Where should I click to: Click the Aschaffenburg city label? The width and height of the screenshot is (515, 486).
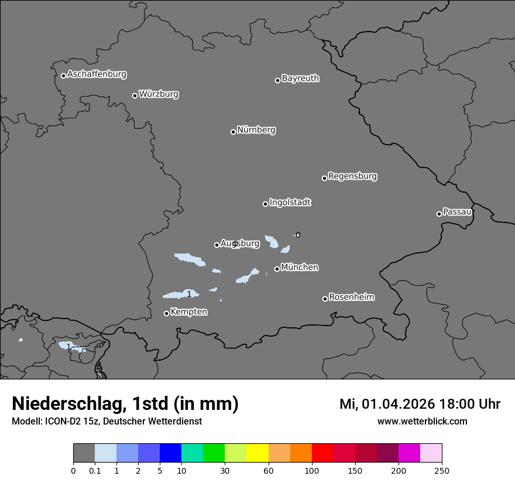pyautogui.click(x=97, y=74)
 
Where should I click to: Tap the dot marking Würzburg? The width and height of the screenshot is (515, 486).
pyautogui.click(x=135, y=95)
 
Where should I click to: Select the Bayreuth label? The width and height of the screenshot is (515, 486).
pyautogui.click(x=300, y=78)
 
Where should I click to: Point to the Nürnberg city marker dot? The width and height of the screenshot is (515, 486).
pyautogui.click(x=233, y=132)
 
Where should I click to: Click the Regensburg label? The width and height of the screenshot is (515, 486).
pyautogui.click(x=352, y=176)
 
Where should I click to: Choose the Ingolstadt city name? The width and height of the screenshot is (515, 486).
pyautogui.click(x=290, y=202)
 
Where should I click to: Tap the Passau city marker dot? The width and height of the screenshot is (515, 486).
pyautogui.click(x=439, y=214)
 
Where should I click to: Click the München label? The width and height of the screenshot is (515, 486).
pyautogui.click(x=300, y=267)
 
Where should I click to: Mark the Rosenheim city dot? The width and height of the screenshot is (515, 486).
pyautogui.click(x=325, y=299)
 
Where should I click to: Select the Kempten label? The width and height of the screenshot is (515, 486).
pyautogui.click(x=188, y=312)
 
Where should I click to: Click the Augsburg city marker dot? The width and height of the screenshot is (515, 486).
pyautogui.click(x=217, y=245)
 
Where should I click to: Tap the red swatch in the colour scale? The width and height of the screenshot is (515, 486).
pyautogui.click(x=322, y=453)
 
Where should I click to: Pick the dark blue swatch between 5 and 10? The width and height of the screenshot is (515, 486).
pyautogui.click(x=170, y=453)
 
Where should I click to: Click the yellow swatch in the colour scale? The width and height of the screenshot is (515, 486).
pyautogui.click(x=257, y=453)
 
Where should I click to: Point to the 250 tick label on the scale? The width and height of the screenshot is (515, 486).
pyautogui.click(x=441, y=470)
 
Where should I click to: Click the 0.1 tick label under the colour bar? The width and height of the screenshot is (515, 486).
pyautogui.click(x=95, y=470)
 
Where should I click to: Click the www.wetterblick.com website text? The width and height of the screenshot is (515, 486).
pyautogui.click(x=422, y=421)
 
